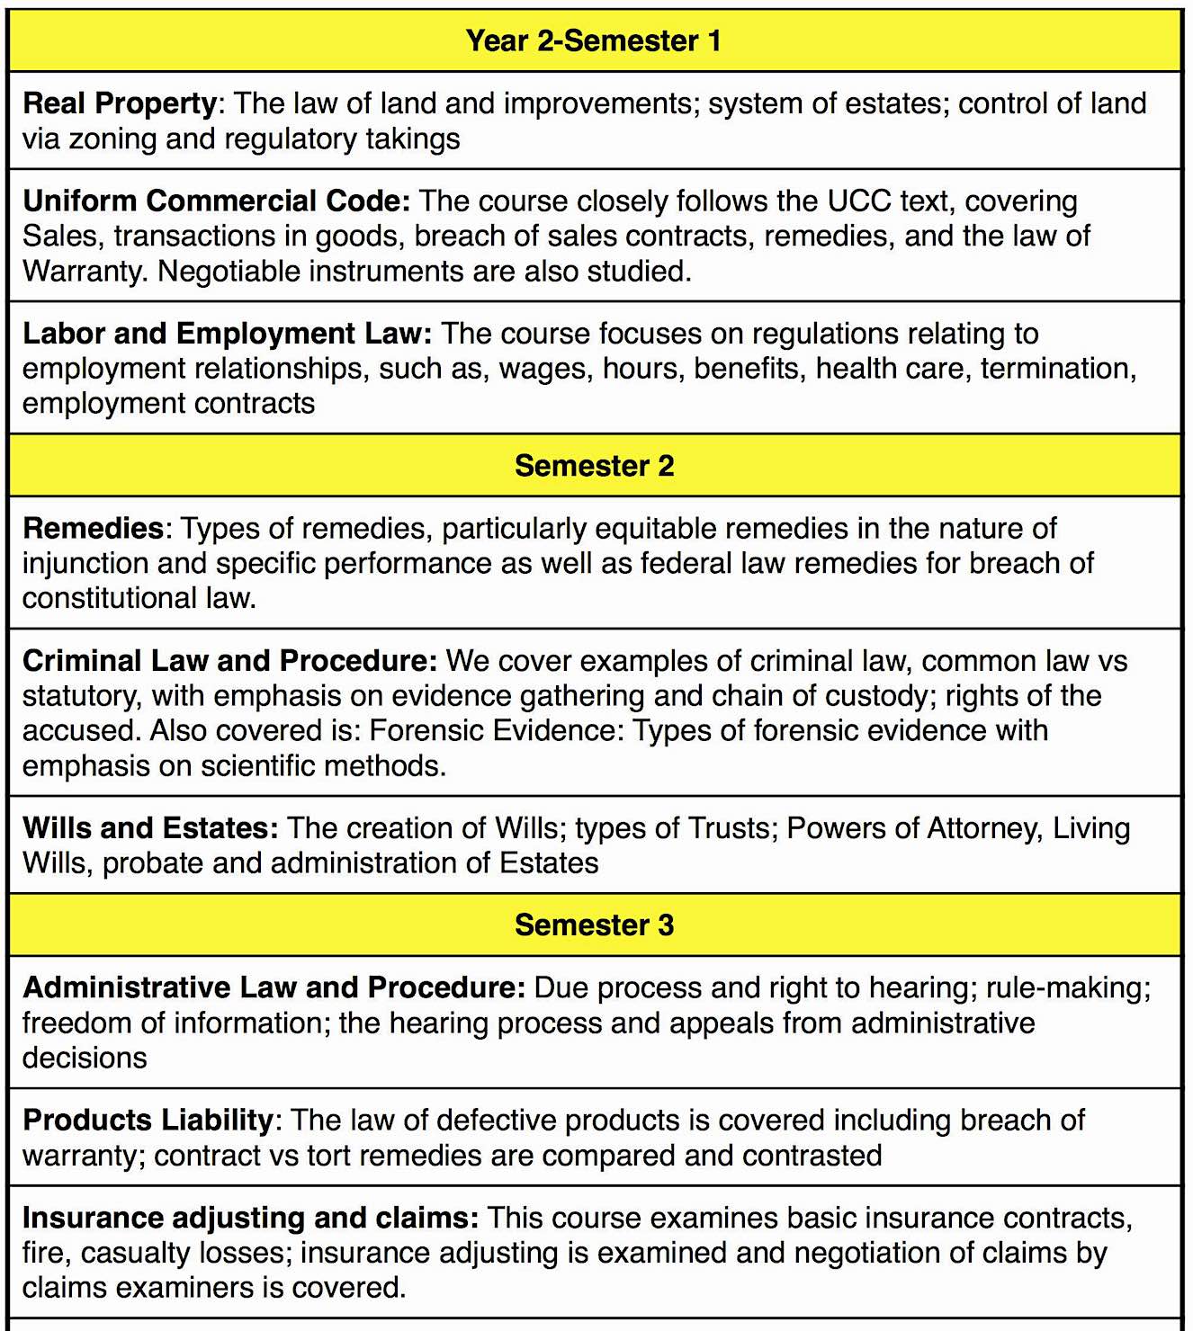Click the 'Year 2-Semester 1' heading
593,41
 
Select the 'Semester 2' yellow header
594,466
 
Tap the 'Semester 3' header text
594,925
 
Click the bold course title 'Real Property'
120,103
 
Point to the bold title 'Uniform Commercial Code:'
216,201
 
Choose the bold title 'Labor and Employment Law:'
227,334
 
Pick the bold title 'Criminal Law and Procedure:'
229,661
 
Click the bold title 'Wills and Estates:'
150,828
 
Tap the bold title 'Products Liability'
148,1121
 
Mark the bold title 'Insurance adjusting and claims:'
250,1218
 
